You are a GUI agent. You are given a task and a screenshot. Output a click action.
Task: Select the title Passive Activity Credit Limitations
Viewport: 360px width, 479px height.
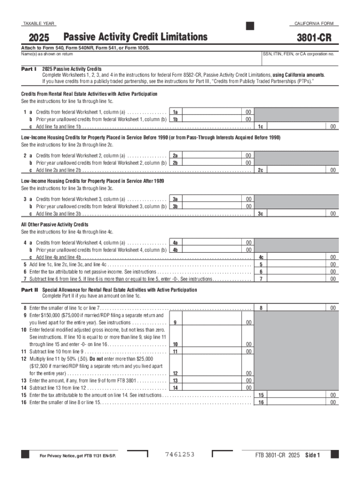(135, 36)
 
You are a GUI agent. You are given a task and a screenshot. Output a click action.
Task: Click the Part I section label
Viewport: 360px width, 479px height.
(29, 68)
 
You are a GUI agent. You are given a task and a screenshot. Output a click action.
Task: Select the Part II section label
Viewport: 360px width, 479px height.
(29, 290)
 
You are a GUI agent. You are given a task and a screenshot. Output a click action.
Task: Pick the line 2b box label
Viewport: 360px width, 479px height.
(175, 163)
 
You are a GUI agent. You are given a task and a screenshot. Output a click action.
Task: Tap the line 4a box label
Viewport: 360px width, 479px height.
(175, 243)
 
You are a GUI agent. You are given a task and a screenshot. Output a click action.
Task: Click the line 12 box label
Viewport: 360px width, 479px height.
(175, 373)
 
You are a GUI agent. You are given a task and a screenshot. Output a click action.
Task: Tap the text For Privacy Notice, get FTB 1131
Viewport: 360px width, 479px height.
(78, 455)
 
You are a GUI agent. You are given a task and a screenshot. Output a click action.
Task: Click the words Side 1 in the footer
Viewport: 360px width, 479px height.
(312, 455)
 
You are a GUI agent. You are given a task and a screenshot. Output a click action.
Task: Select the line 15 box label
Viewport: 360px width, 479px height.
(261, 395)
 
